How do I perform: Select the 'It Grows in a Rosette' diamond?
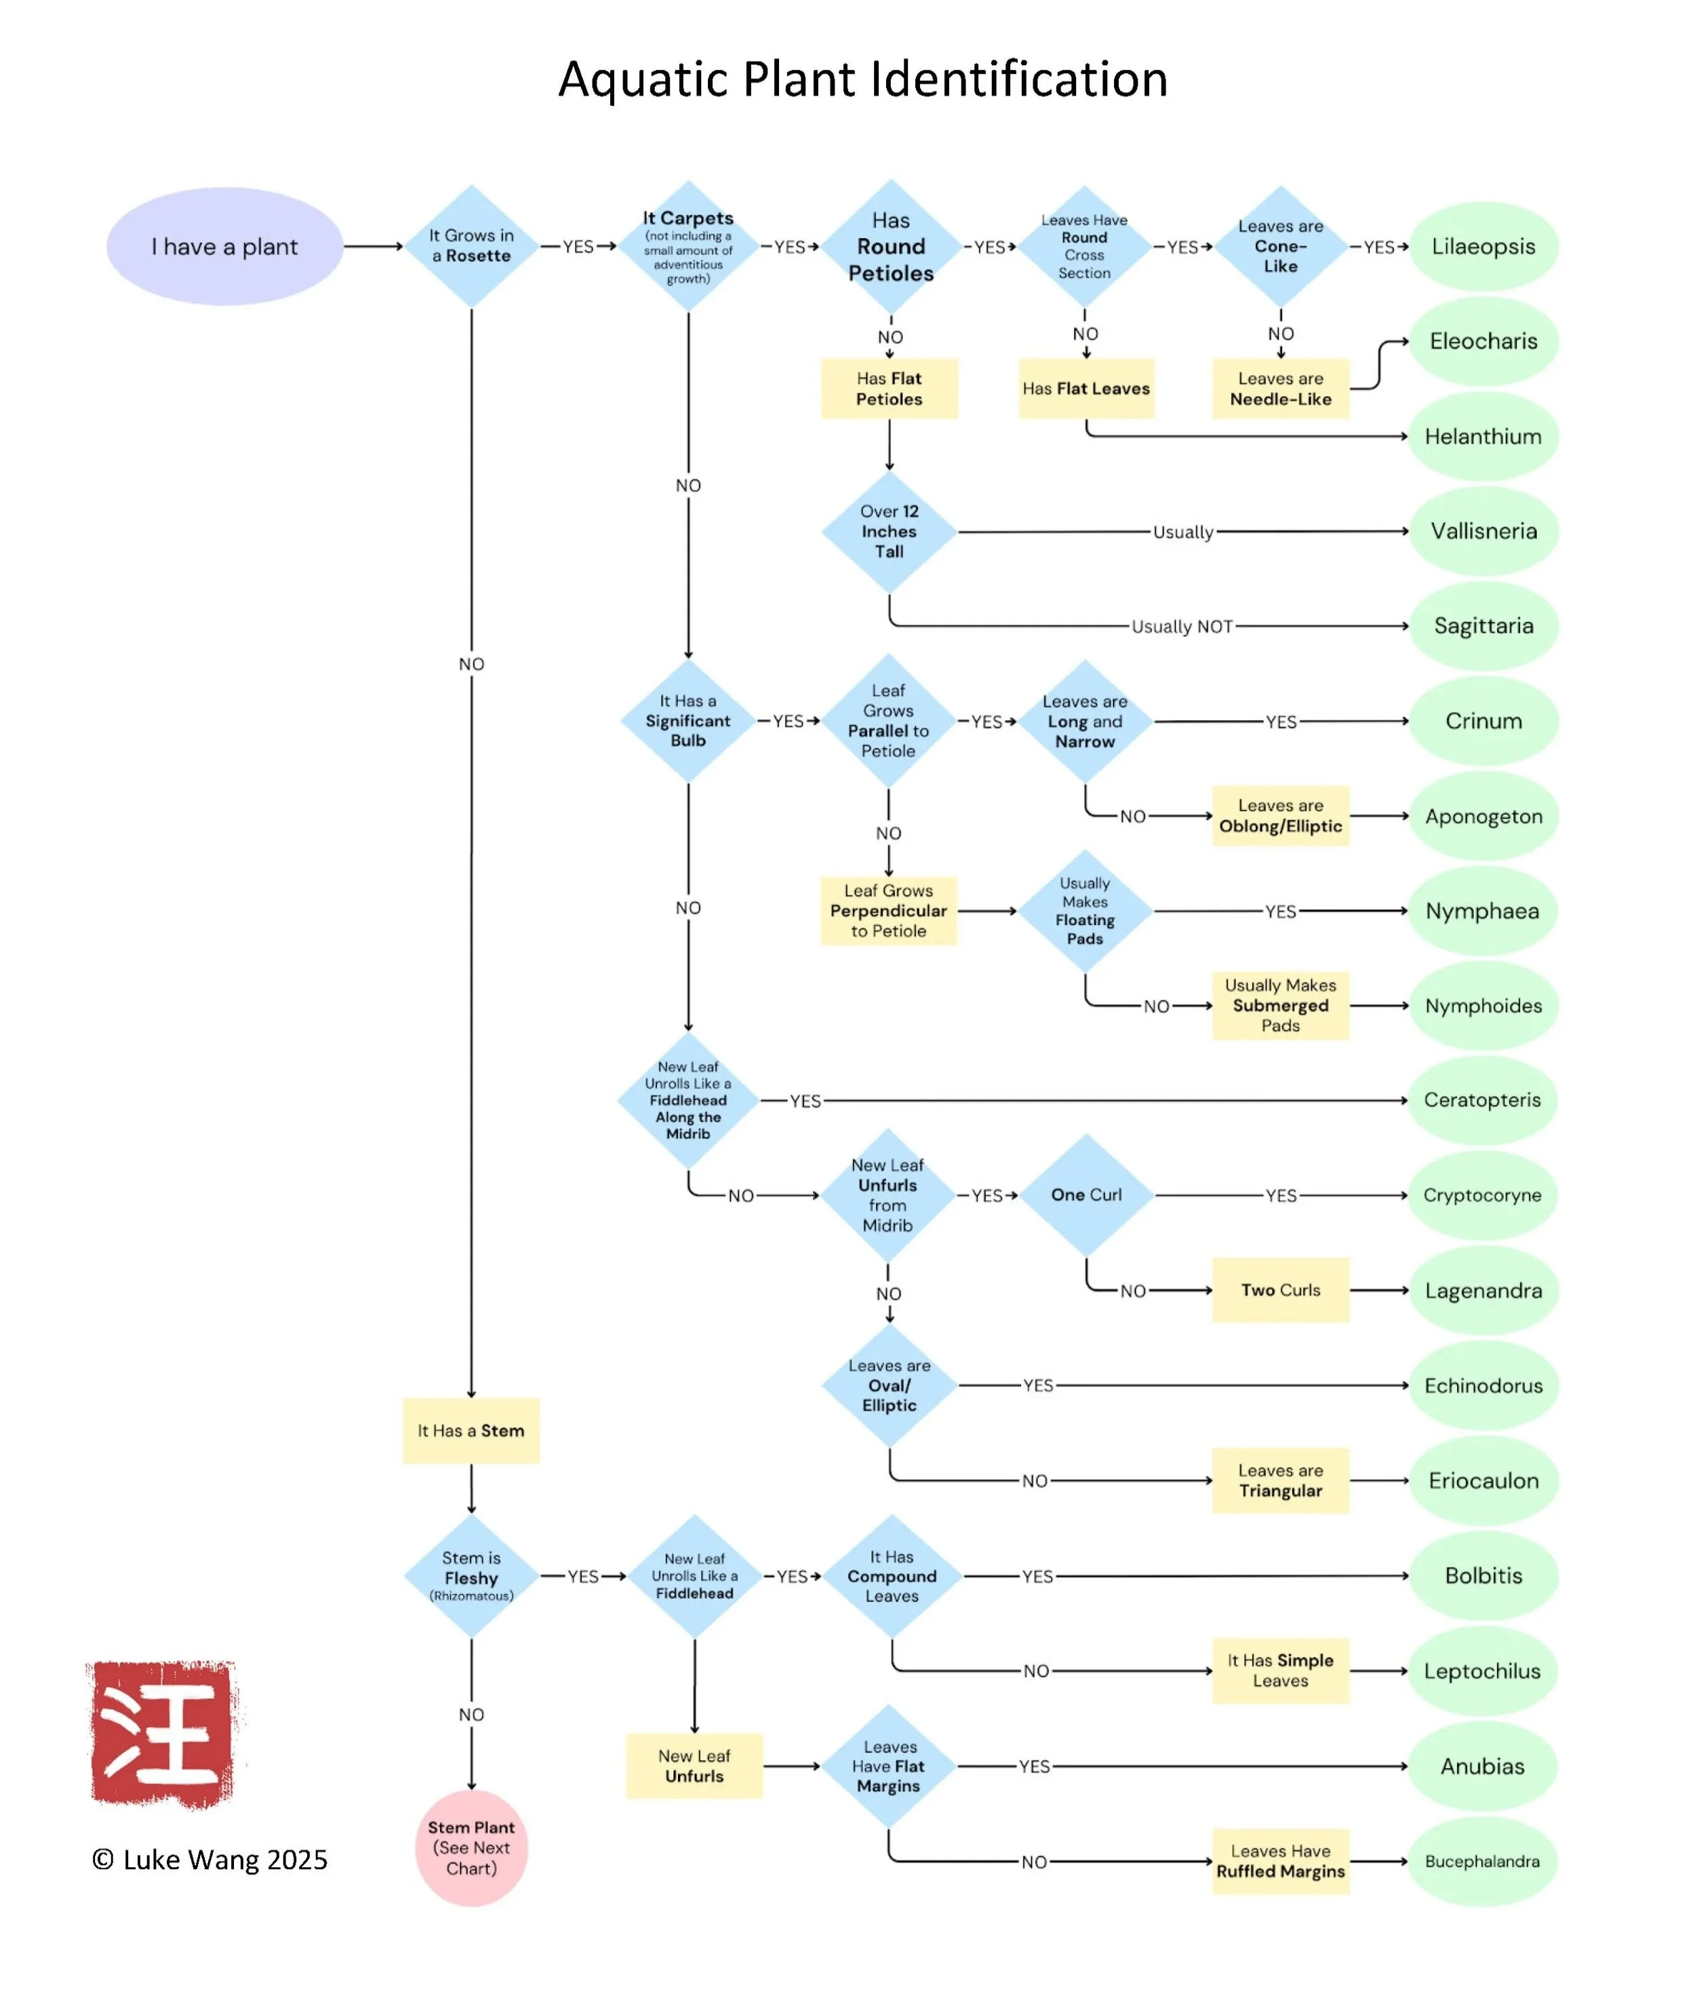pyautogui.click(x=471, y=246)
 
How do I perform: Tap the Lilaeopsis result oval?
pyautogui.click(x=1483, y=246)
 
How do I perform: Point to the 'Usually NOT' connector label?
pyautogui.click(x=1181, y=627)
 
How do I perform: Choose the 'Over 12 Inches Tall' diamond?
pyautogui.click(x=889, y=532)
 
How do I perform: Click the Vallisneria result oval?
pyautogui.click(x=1483, y=532)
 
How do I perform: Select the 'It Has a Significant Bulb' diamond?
pyautogui.click(x=688, y=721)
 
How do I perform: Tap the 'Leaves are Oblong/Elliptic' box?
pyautogui.click(x=1280, y=816)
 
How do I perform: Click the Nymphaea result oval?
pyautogui.click(x=1483, y=911)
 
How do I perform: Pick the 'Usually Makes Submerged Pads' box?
pyautogui.click(x=1280, y=1005)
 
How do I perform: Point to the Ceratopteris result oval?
pyautogui.click(x=1483, y=1100)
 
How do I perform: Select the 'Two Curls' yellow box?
pyautogui.click(x=1280, y=1290)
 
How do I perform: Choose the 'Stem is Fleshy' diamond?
pyautogui.click(x=471, y=1576)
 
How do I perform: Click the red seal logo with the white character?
pyautogui.click(x=163, y=1735)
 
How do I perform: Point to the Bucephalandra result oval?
pyautogui.click(x=1483, y=1862)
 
